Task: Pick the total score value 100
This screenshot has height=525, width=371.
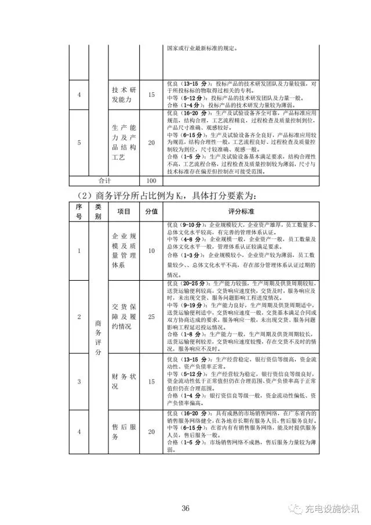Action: click(x=151, y=180)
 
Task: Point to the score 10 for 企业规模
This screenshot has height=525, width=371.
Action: click(x=151, y=251)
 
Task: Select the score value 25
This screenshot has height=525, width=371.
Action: click(x=151, y=317)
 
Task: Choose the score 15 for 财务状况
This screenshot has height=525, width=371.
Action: click(x=151, y=381)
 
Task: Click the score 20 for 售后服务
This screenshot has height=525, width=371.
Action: click(x=151, y=432)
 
